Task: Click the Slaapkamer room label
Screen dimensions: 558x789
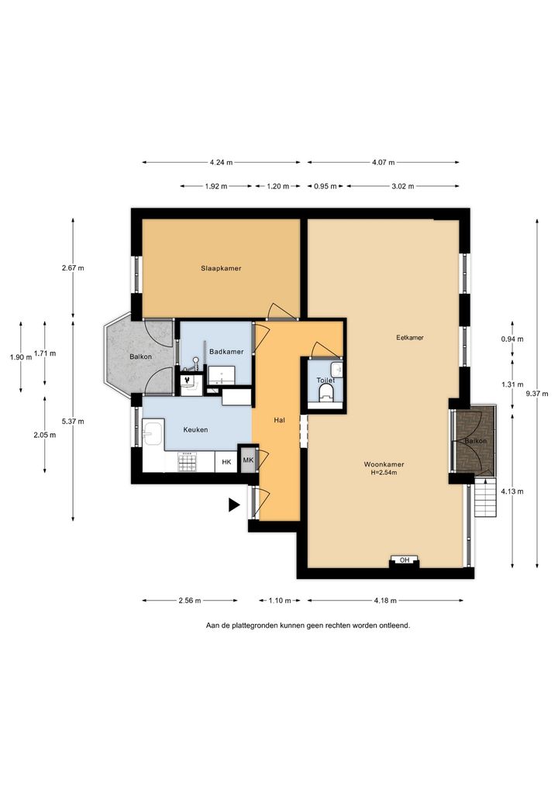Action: tap(221, 268)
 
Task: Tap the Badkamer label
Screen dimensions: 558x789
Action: tap(226, 352)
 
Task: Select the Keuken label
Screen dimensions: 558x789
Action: tap(195, 429)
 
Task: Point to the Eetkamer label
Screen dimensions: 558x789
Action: tap(409, 338)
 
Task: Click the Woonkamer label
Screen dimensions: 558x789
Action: tap(384, 464)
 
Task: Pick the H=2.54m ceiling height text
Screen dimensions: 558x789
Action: tap(384, 473)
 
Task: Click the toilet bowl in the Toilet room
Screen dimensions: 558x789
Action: tap(326, 393)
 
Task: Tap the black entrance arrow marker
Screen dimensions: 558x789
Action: tap(234, 505)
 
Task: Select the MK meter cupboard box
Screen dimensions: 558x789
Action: tap(249, 460)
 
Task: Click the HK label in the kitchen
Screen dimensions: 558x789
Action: tap(226, 461)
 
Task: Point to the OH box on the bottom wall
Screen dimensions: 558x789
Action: tap(405, 560)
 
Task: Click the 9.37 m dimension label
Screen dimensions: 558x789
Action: tap(537, 394)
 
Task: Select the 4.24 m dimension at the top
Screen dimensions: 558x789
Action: tap(222, 163)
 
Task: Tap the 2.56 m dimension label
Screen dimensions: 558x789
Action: tap(190, 601)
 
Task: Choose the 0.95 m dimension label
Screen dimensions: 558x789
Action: tap(325, 186)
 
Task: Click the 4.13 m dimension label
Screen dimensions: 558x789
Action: tap(512, 491)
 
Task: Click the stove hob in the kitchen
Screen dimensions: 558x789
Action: tap(188, 462)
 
